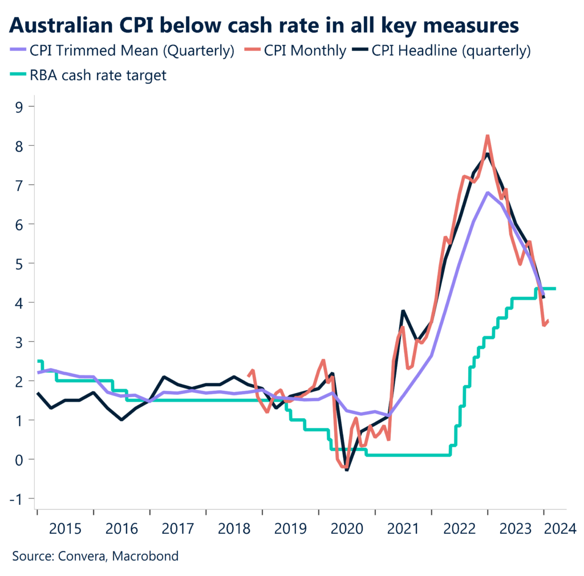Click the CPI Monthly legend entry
click(x=297, y=51)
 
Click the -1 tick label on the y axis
click(x=19, y=499)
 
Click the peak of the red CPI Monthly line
click(x=488, y=136)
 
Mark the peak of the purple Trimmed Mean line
click(x=488, y=193)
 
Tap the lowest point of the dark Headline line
click(x=346, y=470)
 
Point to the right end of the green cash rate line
click(x=555, y=289)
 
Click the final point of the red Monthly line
click(x=548, y=321)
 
